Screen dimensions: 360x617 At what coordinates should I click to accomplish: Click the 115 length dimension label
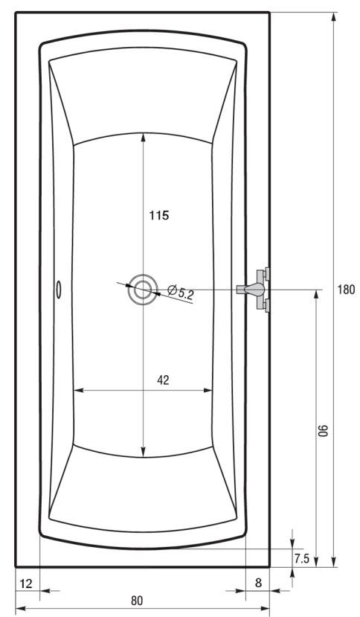tap(159, 215)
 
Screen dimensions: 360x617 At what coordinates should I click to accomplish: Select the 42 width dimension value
tap(163, 380)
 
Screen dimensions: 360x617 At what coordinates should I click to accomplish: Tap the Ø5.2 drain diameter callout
tap(180, 292)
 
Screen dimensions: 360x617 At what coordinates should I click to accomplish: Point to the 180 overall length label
tap(346, 290)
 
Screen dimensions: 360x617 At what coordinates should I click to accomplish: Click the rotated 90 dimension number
tap(323, 430)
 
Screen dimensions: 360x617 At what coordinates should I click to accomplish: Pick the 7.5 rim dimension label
tap(302, 559)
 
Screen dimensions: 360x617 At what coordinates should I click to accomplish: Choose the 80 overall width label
tap(137, 601)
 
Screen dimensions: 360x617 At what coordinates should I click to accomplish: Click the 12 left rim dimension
tap(26, 584)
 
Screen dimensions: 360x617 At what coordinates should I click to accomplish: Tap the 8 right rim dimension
tap(259, 584)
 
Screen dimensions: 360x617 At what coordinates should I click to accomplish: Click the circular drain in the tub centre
tap(142, 290)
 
